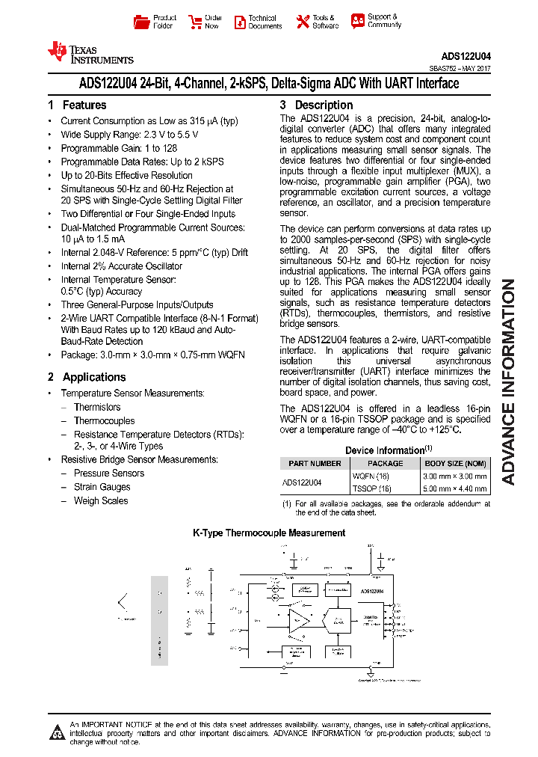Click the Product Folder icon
tap(141, 22)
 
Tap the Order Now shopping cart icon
tap(195, 22)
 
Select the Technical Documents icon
tap(240, 22)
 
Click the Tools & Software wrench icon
tap(303, 22)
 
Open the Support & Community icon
tap(358, 21)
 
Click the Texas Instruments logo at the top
tap(90, 52)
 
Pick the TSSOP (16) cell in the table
tap(371, 489)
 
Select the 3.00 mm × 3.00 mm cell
tap(455, 476)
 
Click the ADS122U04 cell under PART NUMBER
tap(303, 482)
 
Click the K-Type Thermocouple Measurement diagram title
tap(269, 533)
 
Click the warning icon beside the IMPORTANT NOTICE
tap(57, 732)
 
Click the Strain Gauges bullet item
tap(102, 487)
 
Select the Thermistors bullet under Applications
tap(97, 408)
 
